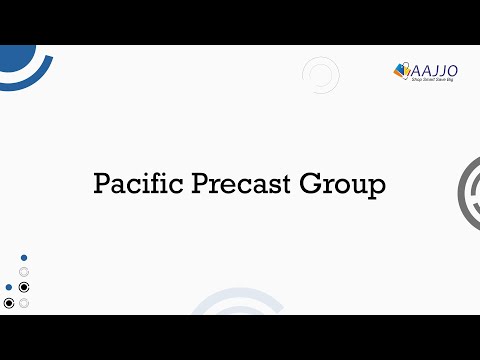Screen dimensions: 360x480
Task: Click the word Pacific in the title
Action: click(x=131, y=185)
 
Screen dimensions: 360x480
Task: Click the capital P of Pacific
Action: click(x=102, y=185)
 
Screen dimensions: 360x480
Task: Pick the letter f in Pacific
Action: click(x=147, y=184)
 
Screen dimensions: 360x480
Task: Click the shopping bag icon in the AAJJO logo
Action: click(x=403, y=70)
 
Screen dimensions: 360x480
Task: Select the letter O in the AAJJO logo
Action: click(x=452, y=69)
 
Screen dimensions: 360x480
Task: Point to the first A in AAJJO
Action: click(x=416, y=70)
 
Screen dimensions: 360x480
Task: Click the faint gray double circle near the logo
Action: click(x=320, y=75)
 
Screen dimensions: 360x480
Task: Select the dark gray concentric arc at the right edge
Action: click(x=468, y=194)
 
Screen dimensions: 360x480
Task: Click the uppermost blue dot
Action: click(x=24, y=258)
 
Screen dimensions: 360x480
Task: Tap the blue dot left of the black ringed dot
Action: click(x=9, y=287)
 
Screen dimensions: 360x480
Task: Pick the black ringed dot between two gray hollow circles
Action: click(x=24, y=287)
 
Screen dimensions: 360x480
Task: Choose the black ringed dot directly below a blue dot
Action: click(x=9, y=303)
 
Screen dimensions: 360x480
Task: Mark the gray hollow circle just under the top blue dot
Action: click(x=24, y=272)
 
